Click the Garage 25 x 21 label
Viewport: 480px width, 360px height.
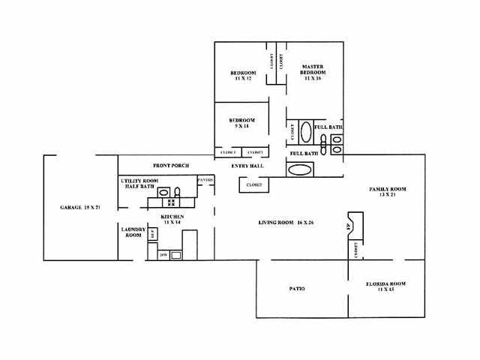[x=80, y=207]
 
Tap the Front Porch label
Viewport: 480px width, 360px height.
[x=170, y=165]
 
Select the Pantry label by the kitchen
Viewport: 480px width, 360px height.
[x=205, y=181]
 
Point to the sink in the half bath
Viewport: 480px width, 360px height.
[x=163, y=192]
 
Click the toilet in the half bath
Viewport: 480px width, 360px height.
[x=177, y=192]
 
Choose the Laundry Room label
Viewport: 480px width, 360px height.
[x=132, y=232]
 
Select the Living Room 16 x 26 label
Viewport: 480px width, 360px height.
[x=281, y=223]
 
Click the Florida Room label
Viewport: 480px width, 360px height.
[x=385, y=286]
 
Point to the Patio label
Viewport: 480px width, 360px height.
[x=298, y=289]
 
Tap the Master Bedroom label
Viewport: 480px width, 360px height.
[x=312, y=71]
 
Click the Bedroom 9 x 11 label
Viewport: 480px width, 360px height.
[x=241, y=123]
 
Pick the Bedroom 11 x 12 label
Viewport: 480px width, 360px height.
[x=244, y=75]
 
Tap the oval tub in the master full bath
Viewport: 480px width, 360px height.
[x=306, y=133]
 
